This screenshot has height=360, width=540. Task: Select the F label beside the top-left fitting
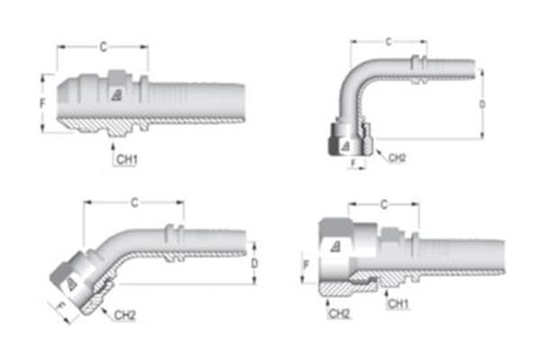coord(41,103)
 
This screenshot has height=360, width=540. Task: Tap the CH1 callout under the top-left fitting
coord(126,159)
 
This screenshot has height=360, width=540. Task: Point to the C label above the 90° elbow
coord(388,41)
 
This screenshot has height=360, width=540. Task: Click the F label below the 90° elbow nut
coord(354,165)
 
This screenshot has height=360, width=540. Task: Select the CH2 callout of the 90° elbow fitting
coord(397,157)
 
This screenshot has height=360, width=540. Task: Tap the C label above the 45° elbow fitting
coord(134,202)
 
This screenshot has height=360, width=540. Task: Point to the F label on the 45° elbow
coord(62,307)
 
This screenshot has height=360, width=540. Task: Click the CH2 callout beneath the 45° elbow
coord(124,316)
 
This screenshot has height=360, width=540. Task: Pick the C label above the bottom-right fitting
coord(384,204)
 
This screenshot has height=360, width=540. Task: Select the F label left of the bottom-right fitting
coord(305,265)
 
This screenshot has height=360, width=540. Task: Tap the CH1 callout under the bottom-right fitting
coord(398,304)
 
